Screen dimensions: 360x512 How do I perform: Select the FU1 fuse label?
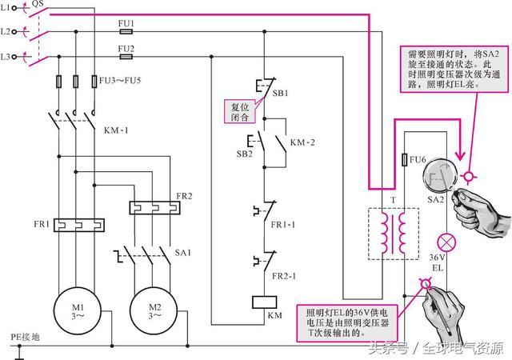click(x=126, y=25)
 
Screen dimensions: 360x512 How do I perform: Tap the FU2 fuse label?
click(x=126, y=48)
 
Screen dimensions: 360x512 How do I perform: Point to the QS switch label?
click(x=38, y=4)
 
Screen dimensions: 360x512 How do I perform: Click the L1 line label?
click(x=6, y=7)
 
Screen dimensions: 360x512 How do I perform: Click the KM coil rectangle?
click(x=265, y=302)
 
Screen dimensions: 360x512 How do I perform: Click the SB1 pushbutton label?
click(x=281, y=94)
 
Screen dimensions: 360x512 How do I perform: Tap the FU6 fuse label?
click(x=417, y=159)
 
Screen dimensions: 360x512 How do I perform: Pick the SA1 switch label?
click(x=182, y=252)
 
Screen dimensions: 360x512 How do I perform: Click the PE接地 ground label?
click(x=23, y=336)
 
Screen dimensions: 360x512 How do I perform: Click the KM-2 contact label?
click(x=302, y=142)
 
